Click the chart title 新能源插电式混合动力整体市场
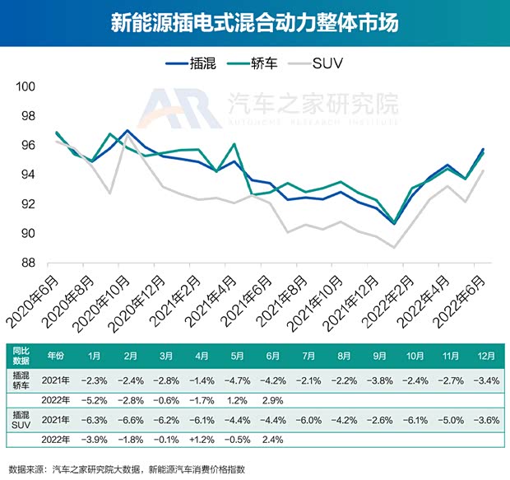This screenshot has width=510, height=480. (x=255, y=22)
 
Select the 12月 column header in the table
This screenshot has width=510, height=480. (x=485, y=357)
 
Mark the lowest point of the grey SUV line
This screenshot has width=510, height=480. (x=396, y=247)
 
